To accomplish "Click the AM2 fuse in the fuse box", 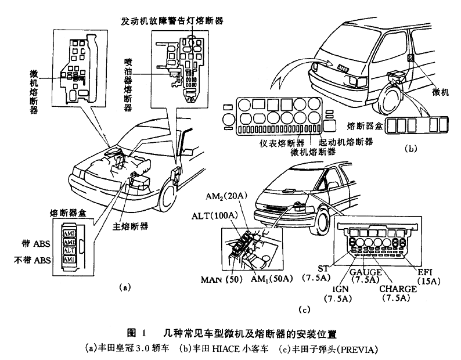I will coord(70,233).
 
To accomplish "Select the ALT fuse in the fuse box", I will coord(70,251).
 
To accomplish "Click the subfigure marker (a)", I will coord(123,287).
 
